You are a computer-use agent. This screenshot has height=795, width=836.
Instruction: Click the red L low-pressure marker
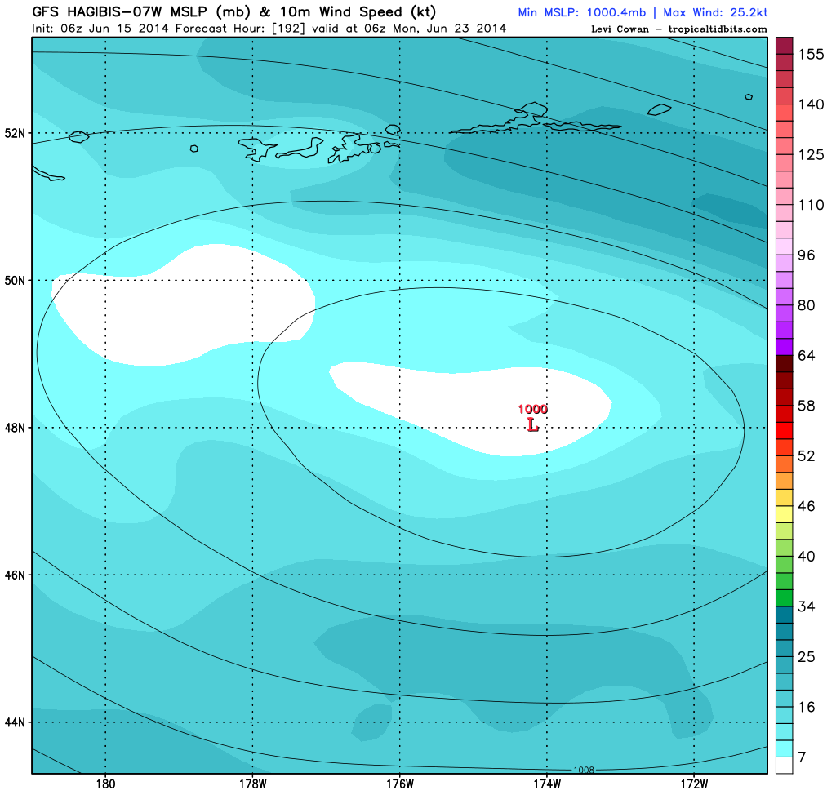click(532, 425)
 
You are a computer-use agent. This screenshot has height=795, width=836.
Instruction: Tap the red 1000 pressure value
click(532, 410)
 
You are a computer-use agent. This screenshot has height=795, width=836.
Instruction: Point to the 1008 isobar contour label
click(584, 769)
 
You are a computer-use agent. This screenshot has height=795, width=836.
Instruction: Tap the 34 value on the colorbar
click(807, 606)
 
